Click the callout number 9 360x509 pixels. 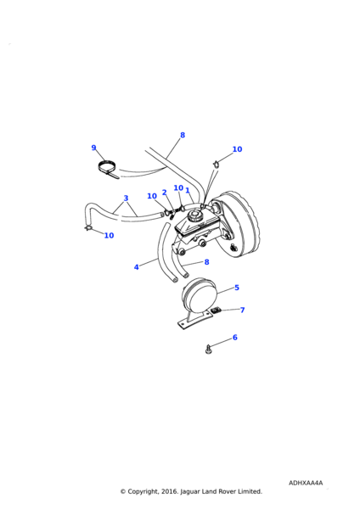[x=93, y=148]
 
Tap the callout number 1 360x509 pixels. [x=188, y=190]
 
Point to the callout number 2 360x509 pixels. [x=164, y=193]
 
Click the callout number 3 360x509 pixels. [x=126, y=198]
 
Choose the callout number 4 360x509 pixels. [x=137, y=267]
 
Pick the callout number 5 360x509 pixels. [x=237, y=288]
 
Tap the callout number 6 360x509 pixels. [x=235, y=338]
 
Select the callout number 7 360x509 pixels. [x=242, y=310]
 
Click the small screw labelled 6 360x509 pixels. [x=208, y=350]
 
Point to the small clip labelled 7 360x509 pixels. [x=216, y=311]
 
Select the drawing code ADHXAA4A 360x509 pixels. [x=306, y=483]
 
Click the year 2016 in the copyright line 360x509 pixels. [x=169, y=491]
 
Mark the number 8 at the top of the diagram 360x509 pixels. [x=183, y=135]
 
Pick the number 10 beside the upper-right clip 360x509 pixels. [x=237, y=149]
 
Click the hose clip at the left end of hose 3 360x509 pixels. [x=87, y=228]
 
